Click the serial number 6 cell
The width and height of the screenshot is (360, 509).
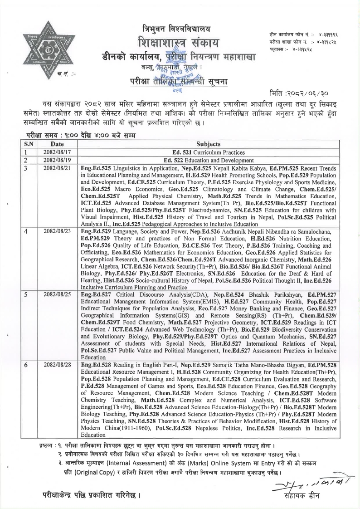point(26,364)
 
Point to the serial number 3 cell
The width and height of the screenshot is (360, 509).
point(26,168)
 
